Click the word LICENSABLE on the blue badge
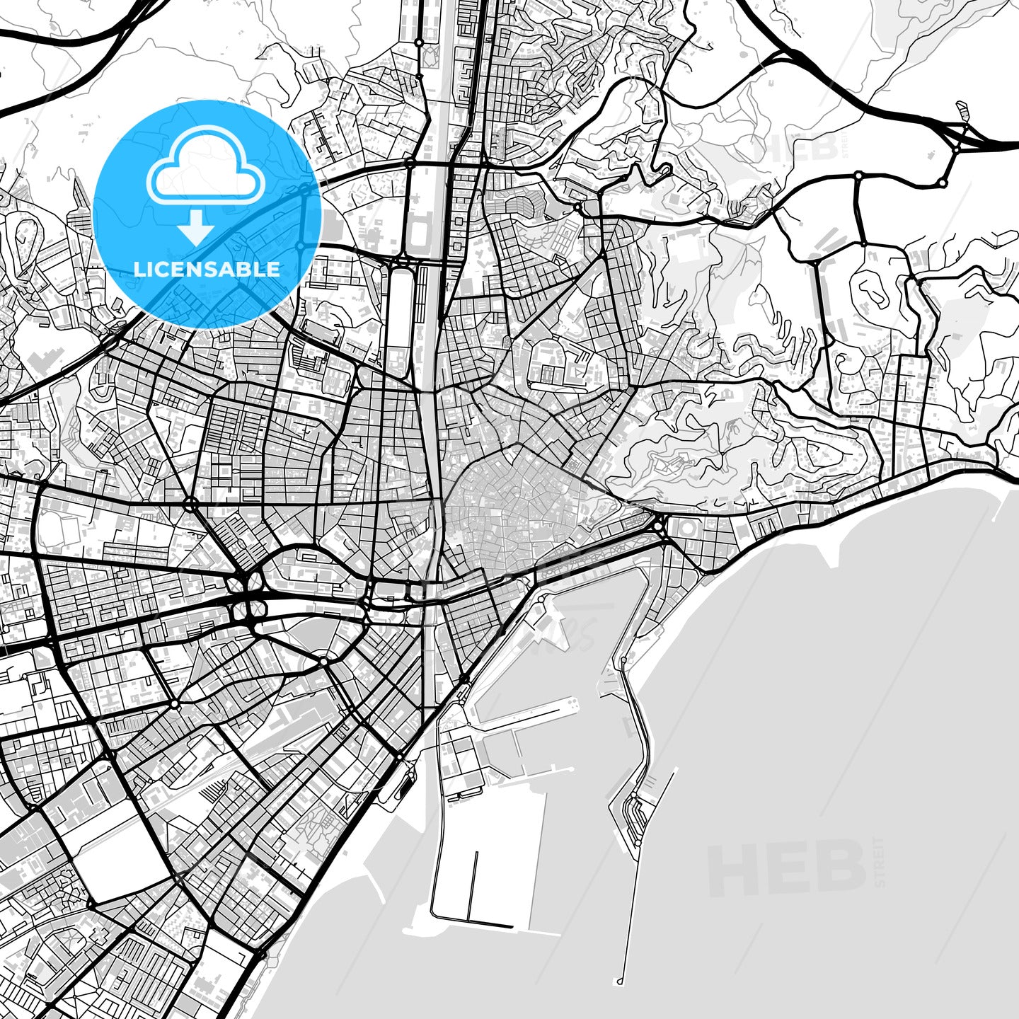207,270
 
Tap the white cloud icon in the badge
206,166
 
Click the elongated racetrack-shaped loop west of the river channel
399,311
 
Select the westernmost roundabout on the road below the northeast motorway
858,174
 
